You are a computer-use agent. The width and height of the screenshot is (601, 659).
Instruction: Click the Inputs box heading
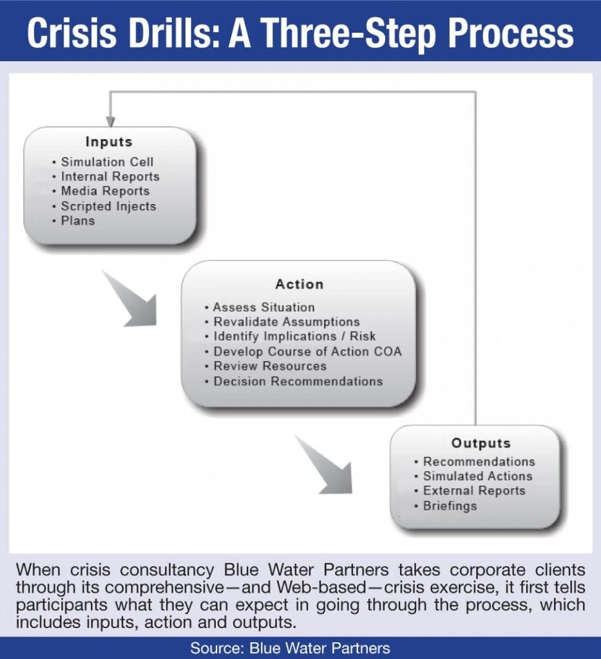(x=109, y=142)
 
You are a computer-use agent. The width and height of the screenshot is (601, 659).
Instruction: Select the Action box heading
(x=299, y=284)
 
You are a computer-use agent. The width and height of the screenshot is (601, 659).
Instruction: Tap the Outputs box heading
(x=481, y=443)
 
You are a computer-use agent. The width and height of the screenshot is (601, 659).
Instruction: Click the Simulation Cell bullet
(x=107, y=162)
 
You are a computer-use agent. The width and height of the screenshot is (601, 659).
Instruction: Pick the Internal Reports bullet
(x=110, y=176)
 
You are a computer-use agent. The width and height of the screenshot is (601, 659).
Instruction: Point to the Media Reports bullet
(x=105, y=191)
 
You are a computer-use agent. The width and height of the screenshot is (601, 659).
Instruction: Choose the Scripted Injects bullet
(x=108, y=206)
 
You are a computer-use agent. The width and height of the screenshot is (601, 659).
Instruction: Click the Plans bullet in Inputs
(x=77, y=221)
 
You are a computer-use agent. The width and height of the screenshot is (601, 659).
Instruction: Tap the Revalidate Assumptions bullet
(x=286, y=322)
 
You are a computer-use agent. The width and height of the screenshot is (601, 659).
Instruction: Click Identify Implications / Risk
(x=294, y=337)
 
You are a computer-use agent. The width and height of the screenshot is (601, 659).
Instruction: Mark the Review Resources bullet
(x=269, y=366)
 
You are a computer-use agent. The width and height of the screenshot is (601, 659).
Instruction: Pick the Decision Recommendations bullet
(x=298, y=381)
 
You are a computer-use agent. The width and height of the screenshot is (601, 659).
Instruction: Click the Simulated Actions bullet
(x=477, y=476)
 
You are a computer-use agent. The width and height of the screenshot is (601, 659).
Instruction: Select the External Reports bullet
(x=474, y=491)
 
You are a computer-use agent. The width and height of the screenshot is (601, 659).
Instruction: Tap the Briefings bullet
(x=450, y=506)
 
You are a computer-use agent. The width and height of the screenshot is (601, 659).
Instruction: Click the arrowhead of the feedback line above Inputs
(x=110, y=121)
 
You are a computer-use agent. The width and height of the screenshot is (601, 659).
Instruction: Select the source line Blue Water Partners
(x=300, y=647)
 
